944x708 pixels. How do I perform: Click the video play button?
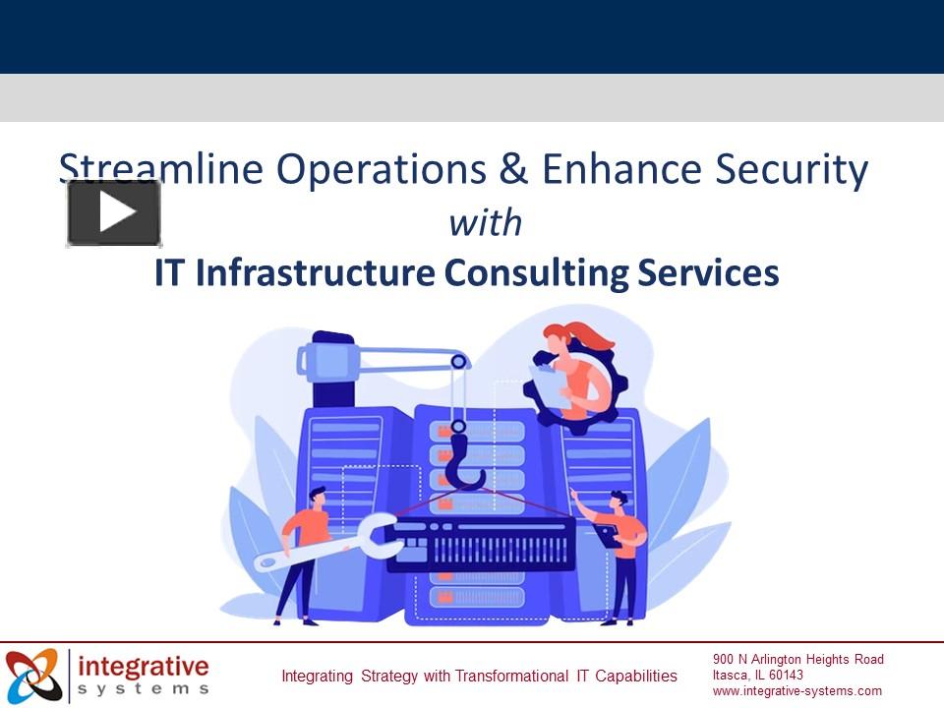[x=114, y=212]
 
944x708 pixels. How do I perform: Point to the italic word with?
[x=485, y=224]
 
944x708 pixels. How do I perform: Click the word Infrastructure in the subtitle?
[x=315, y=273]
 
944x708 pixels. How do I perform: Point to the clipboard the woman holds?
[x=548, y=384]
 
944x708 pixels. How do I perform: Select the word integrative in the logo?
[x=144, y=667]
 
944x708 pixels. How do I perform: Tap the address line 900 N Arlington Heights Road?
[x=798, y=659]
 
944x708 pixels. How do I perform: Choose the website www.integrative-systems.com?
[x=797, y=690]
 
